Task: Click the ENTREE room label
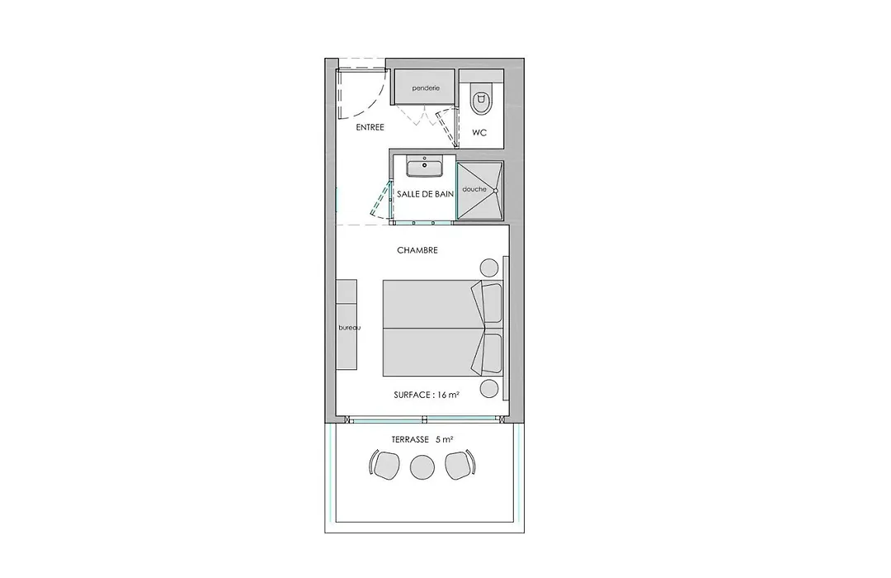click(x=370, y=127)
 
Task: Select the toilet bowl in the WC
click(x=481, y=100)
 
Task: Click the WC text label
click(x=479, y=133)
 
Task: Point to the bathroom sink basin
click(x=425, y=168)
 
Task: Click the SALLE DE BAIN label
click(x=425, y=194)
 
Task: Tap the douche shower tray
click(x=480, y=191)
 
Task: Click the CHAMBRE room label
click(x=417, y=250)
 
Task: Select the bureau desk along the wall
click(x=346, y=325)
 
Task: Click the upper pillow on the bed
click(x=488, y=301)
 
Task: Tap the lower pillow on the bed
click(x=488, y=353)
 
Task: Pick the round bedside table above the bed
click(x=489, y=268)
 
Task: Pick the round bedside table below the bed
click(x=489, y=389)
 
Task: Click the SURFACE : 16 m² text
click(x=427, y=395)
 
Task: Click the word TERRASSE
click(x=410, y=440)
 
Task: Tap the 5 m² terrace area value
click(x=445, y=440)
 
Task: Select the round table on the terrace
click(x=422, y=467)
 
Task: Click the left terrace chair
click(x=384, y=465)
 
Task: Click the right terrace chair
click(x=460, y=465)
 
